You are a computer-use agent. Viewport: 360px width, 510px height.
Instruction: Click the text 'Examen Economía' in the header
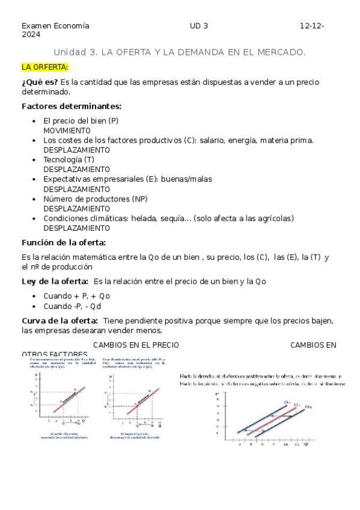[55, 26]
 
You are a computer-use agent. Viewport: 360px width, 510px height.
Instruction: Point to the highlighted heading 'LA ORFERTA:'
[45, 67]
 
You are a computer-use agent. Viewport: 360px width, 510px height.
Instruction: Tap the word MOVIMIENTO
[67, 130]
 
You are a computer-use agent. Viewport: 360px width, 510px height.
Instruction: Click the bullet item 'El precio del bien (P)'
[81, 120]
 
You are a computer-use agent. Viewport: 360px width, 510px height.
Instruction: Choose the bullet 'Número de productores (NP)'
[95, 198]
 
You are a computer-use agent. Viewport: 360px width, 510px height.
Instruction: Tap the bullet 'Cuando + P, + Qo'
[76, 296]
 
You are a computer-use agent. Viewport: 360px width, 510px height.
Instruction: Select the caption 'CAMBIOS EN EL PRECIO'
[136, 345]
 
